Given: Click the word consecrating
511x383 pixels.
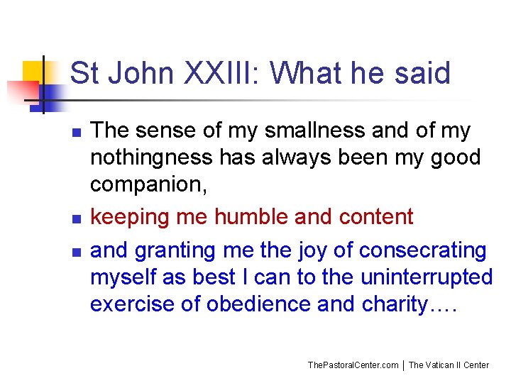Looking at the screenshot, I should (423, 250).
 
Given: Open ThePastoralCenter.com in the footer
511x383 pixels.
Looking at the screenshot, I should (353, 365).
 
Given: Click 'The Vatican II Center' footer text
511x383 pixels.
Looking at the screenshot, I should (449, 365).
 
